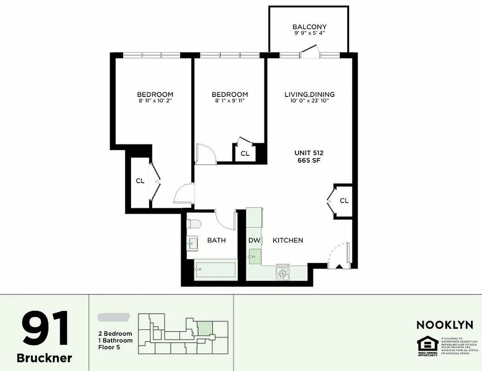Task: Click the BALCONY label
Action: [x=309, y=27]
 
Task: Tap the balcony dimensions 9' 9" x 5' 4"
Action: [x=309, y=33]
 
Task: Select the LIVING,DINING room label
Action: [x=309, y=94]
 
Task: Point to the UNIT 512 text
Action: [x=309, y=153]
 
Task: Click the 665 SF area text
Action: [x=309, y=160]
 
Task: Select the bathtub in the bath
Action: [x=215, y=269]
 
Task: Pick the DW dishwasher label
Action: [x=254, y=240]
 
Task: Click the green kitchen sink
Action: [x=254, y=256]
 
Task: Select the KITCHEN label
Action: [x=287, y=240]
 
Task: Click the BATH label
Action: [x=216, y=240]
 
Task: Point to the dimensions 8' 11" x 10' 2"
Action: [x=155, y=101]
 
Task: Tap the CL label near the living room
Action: [x=344, y=201]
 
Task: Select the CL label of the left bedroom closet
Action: [x=140, y=181]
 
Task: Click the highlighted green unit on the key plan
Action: [x=205, y=328]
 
